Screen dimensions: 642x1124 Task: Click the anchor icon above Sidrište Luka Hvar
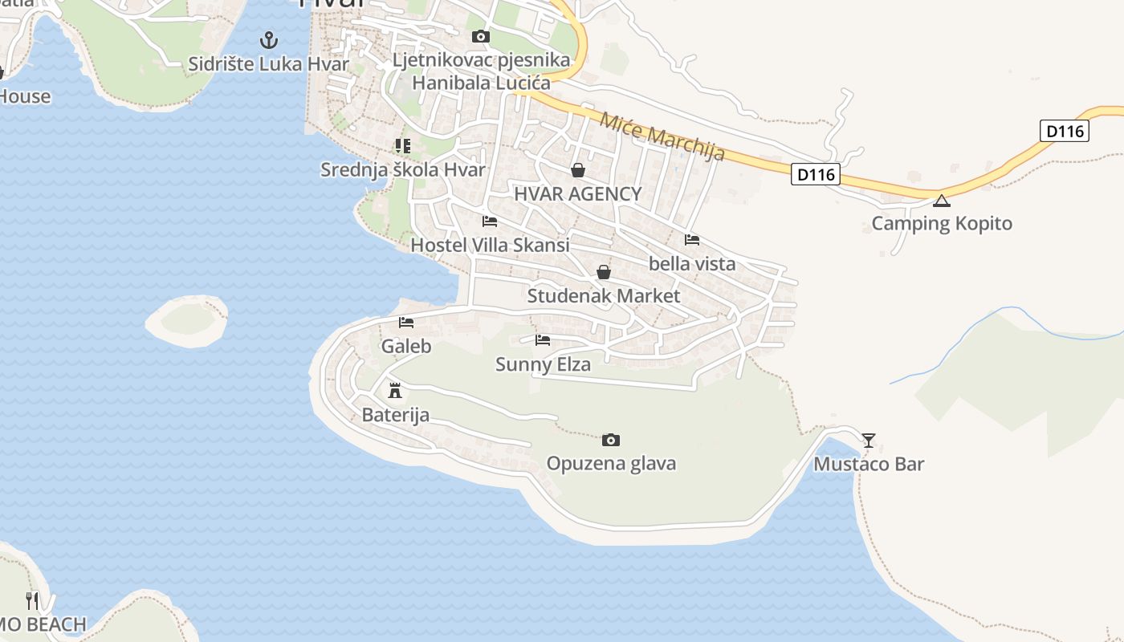tap(269, 39)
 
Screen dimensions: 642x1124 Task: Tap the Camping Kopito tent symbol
tap(942, 200)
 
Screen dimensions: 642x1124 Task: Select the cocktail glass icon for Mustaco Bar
tap(868, 440)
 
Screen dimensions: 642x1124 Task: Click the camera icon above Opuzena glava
tap(611, 440)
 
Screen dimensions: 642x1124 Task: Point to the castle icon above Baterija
tap(395, 391)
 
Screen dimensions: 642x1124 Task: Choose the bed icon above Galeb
tap(406, 323)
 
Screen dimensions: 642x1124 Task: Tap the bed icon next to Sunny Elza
tap(543, 340)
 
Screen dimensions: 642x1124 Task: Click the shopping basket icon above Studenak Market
tap(604, 272)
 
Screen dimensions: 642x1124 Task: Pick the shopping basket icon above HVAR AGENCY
tap(577, 170)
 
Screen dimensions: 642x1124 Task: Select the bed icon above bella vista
tap(692, 240)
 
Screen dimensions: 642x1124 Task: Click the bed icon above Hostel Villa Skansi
tap(490, 221)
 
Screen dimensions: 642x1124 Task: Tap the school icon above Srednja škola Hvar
tap(402, 146)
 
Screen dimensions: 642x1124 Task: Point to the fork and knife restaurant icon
tap(32, 600)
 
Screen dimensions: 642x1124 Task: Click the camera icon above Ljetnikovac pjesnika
tap(481, 36)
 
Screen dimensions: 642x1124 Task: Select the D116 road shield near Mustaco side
tap(815, 174)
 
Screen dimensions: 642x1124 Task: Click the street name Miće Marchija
tap(662, 134)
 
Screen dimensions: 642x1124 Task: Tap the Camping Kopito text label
tap(942, 223)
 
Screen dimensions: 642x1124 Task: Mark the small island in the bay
tap(186, 320)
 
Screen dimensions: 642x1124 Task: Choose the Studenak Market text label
tap(603, 295)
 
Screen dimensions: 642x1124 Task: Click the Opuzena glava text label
tap(611, 463)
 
